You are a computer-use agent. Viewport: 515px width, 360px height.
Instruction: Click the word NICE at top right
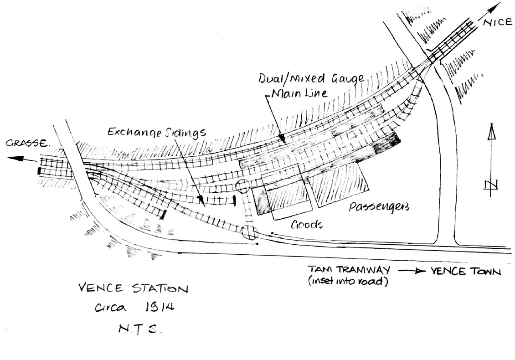498,22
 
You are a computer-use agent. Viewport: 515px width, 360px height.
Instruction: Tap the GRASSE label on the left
27,143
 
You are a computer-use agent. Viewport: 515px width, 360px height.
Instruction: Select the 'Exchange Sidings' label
157,132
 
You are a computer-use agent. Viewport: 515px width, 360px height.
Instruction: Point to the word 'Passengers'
379,207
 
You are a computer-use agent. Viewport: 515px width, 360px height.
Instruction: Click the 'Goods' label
306,224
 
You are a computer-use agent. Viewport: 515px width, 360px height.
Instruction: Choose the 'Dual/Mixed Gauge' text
311,79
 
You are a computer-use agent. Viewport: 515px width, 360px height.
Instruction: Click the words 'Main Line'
300,93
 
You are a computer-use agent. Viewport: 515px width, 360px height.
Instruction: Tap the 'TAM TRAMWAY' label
349,270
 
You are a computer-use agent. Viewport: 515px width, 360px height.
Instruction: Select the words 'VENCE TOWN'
466,271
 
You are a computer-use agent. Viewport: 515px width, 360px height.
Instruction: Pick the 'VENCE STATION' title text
134,288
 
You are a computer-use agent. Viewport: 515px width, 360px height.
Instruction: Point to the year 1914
160,307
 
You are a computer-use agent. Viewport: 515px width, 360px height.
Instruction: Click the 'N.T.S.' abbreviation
140,329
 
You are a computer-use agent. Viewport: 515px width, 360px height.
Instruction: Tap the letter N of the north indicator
491,185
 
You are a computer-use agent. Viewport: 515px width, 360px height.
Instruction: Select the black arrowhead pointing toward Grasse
16,158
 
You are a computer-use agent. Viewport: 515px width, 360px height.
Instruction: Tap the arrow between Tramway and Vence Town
410,271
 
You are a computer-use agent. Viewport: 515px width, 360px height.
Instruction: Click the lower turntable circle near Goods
249,232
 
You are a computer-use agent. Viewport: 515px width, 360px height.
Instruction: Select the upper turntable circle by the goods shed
243,186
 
